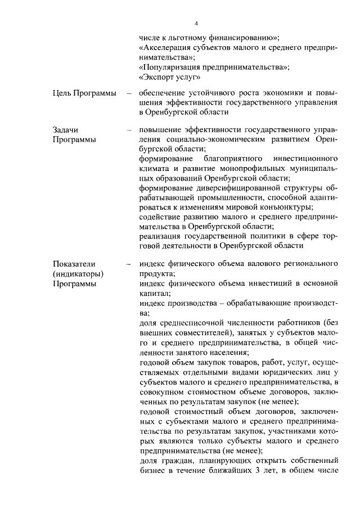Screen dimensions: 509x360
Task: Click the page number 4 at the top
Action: coord(196,23)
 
